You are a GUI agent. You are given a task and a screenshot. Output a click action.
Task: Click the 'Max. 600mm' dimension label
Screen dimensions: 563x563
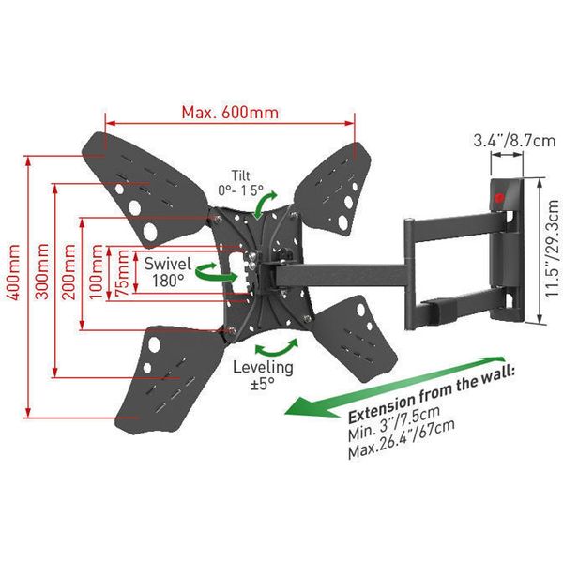(230, 113)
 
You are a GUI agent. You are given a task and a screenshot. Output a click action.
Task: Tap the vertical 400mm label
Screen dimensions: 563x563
(14, 272)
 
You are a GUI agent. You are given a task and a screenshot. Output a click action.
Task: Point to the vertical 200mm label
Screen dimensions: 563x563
(68, 271)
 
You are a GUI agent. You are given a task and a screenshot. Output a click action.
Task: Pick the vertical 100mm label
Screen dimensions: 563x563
(96, 271)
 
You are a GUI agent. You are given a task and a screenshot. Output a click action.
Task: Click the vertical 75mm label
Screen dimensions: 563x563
(122, 273)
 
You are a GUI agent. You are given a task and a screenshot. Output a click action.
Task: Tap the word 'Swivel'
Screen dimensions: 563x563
(168, 264)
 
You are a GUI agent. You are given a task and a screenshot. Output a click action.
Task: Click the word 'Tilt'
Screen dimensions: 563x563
(241, 176)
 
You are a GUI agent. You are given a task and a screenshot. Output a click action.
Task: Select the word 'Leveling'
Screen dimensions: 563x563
(263, 367)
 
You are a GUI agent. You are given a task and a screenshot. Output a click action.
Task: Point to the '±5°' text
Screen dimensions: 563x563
(263, 384)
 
